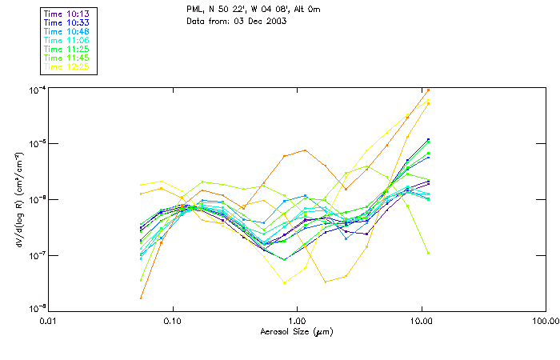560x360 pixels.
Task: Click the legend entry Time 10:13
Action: (x=67, y=14)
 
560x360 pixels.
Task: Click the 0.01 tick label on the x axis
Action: (x=49, y=321)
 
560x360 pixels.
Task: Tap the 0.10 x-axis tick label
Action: (x=173, y=321)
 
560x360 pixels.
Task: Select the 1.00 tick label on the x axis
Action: (x=297, y=321)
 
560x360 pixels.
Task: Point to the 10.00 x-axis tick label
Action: (x=421, y=321)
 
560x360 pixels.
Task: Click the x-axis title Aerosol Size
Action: (x=297, y=331)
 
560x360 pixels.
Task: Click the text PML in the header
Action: (x=195, y=10)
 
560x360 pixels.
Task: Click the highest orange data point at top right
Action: (x=428, y=90)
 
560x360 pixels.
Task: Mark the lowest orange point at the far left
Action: (x=141, y=298)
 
